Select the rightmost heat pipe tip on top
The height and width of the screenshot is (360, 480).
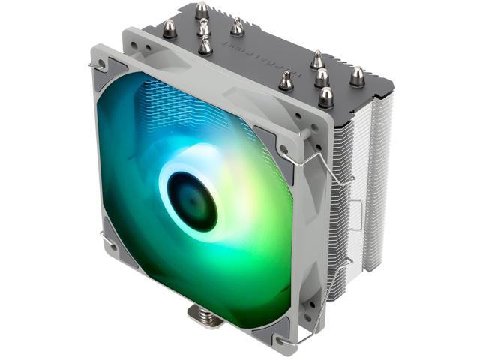click(357, 74)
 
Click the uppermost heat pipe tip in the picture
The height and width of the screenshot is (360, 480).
click(201, 10)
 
